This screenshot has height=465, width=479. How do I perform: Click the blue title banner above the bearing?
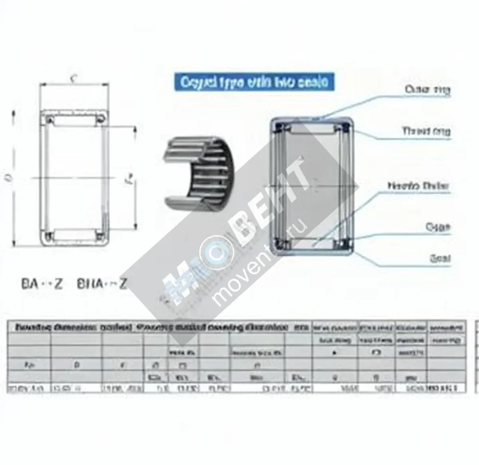[x=254, y=82]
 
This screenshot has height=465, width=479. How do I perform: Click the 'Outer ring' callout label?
[x=427, y=90]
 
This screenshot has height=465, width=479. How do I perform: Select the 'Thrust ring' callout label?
[x=426, y=131]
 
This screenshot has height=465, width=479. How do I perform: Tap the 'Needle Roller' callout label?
[x=418, y=186]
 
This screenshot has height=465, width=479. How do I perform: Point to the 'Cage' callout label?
[x=437, y=227]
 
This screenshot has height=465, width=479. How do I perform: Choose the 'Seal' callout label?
[x=439, y=258]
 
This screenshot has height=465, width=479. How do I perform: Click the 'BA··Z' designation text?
[x=42, y=284]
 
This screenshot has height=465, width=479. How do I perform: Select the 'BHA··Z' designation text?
[x=101, y=284]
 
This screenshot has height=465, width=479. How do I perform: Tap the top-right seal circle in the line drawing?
[x=100, y=118]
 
